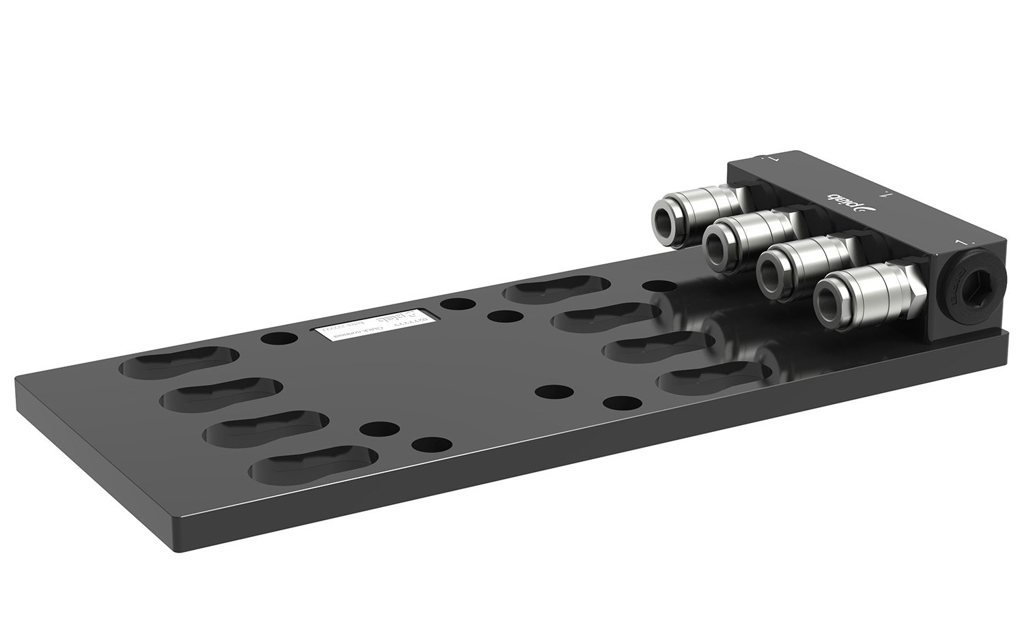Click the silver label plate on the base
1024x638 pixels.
coord(373,327)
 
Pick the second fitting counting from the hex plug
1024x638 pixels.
coord(806,265)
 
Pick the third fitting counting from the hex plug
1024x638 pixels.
coord(751,239)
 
